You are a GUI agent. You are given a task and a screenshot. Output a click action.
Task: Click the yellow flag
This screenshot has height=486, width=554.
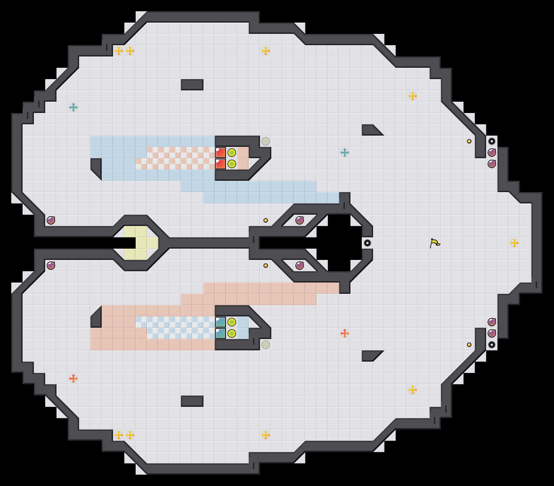click(435, 243)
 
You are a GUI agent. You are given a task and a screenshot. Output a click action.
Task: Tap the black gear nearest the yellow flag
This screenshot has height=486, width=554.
click(367, 243)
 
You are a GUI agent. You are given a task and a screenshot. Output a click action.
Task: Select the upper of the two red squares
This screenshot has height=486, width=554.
click(220, 153)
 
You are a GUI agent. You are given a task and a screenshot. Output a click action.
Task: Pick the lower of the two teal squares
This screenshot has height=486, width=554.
click(220, 333)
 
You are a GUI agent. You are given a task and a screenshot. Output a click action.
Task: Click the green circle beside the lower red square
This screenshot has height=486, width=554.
click(232, 164)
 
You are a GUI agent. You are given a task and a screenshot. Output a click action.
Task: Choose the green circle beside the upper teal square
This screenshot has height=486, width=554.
click(232, 322)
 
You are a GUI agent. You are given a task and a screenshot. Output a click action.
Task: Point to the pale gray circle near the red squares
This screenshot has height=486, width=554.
click(266, 141)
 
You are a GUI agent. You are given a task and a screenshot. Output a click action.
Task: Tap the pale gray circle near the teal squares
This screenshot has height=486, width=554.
click(266, 345)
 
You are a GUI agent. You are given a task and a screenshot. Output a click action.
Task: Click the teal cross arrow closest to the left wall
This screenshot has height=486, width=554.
click(73, 107)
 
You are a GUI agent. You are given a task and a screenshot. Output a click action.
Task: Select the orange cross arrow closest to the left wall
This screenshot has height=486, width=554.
click(73, 379)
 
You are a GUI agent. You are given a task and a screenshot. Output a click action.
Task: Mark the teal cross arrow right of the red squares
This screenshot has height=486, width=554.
click(345, 153)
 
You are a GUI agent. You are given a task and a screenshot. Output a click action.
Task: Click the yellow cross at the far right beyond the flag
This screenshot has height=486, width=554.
click(514, 243)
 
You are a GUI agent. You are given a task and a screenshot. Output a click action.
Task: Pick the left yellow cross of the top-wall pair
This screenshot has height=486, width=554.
click(119, 51)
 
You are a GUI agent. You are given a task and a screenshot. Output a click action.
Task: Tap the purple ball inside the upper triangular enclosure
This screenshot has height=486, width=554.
click(300, 220)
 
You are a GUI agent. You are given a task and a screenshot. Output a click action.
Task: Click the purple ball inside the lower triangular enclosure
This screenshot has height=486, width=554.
click(300, 266)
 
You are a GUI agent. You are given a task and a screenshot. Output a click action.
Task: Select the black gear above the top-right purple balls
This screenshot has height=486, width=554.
click(492, 141)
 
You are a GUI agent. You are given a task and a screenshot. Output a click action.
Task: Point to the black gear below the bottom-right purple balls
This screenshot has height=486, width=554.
click(492, 345)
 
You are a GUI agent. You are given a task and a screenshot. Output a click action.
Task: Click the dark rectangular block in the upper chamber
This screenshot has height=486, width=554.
click(192, 85)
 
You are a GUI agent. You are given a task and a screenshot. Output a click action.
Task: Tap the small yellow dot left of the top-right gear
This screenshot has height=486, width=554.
click(469, 141)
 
